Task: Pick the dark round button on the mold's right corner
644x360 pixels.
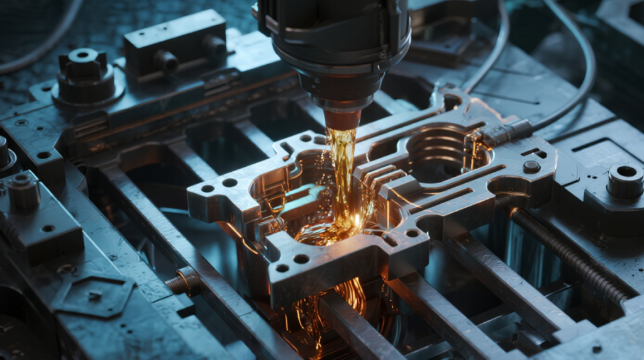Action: coord(531,167)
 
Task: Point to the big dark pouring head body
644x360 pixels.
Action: coord(333,44)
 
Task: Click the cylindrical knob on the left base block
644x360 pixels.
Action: coord(24,192)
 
